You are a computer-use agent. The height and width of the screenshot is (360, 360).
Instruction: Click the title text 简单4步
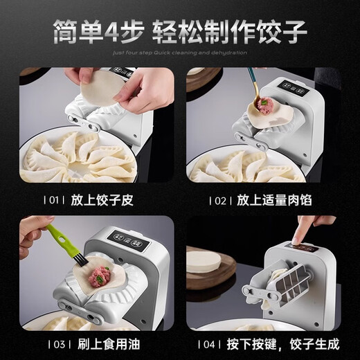tap(103, 33)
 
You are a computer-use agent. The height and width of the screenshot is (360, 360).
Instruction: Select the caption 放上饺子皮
tap(107, 201)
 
